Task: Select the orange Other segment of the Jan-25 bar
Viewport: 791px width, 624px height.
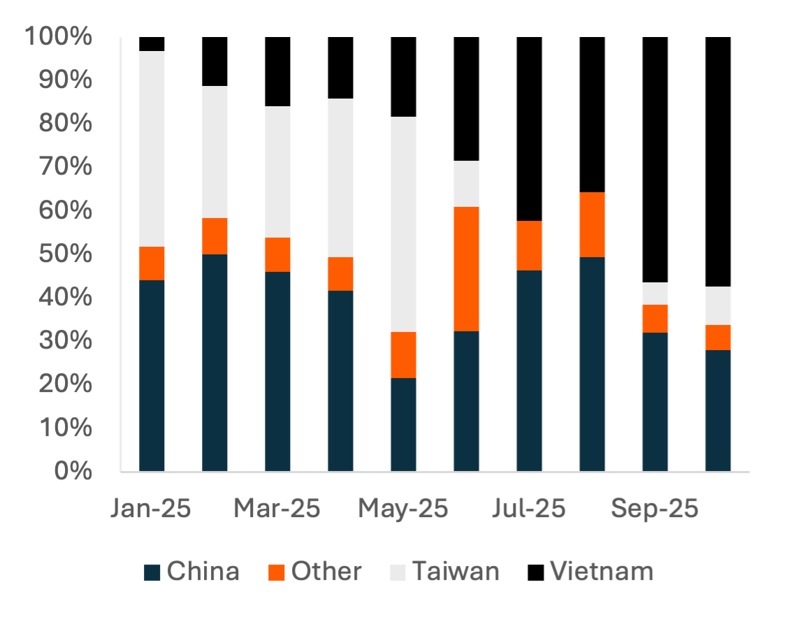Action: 152,263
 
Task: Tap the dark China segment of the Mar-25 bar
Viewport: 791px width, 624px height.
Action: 278,371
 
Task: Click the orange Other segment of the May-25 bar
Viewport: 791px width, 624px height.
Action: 404,355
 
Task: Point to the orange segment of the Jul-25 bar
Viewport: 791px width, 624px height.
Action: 530,245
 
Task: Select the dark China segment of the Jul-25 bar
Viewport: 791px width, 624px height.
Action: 530,370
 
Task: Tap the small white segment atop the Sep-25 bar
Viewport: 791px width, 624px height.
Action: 655,293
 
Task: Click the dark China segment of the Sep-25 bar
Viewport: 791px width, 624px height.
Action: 655,402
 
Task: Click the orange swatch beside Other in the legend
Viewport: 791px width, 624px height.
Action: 277,572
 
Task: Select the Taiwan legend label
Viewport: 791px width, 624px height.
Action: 456,572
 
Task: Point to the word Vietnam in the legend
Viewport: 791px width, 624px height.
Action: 602,572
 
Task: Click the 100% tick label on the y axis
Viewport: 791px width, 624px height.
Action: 58,36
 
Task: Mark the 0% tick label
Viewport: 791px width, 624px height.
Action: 72,470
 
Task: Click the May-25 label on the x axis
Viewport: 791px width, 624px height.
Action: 403,509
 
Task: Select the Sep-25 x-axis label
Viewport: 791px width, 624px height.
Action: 655,509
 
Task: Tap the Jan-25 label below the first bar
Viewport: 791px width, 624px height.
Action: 151,509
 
